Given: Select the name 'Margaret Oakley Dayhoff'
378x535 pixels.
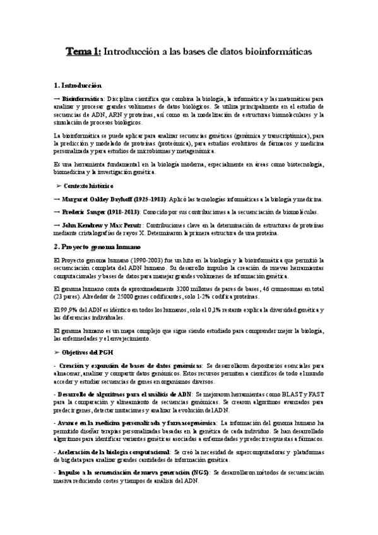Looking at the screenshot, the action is pos(98,199).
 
